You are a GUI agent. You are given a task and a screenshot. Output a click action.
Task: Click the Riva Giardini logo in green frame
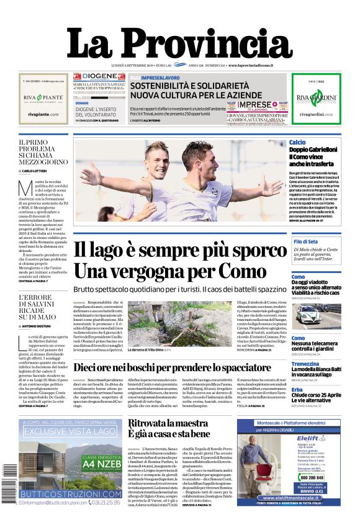[316, 99]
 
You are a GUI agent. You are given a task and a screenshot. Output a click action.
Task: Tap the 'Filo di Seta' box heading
[306, 241]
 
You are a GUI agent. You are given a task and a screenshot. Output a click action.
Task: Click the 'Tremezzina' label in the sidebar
[305, 364]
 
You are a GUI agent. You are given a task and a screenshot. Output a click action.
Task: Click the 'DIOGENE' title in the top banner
[99, 76]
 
